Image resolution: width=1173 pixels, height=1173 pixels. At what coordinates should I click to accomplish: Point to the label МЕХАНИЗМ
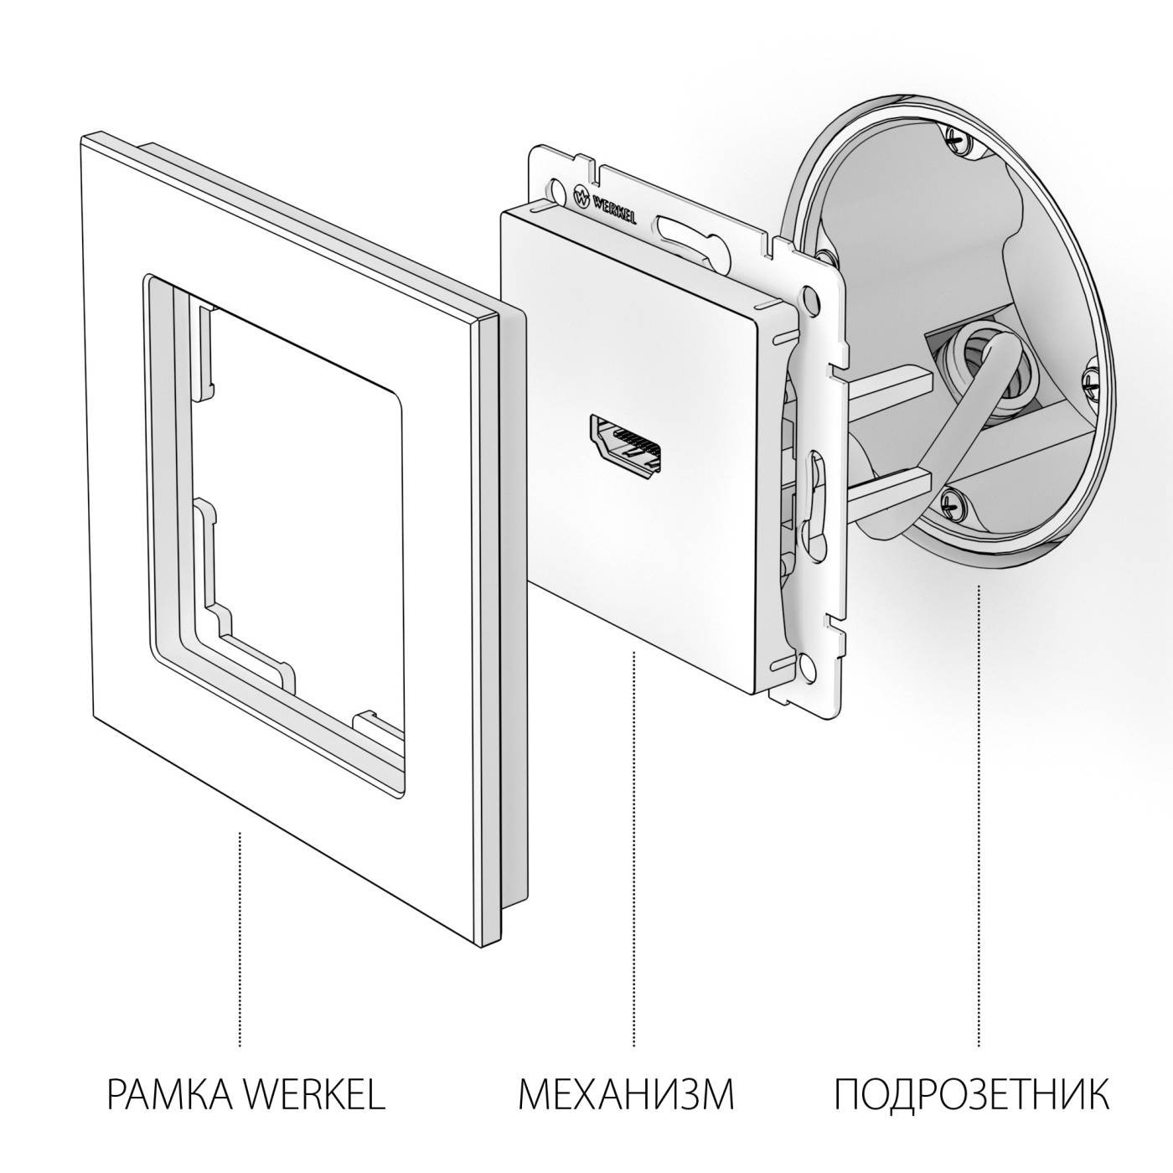tap(626, 1094)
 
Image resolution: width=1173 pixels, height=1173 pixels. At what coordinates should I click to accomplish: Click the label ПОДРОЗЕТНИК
tap(972, 1094)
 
